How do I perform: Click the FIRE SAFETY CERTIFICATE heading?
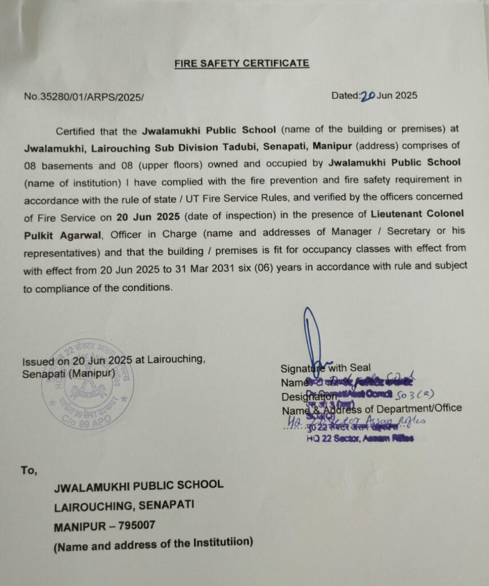click(x=242, y=63)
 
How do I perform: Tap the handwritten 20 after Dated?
click(x=367, y=96)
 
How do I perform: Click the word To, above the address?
click(x=29, y=470)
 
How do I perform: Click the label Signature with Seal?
click(x=325, y=368)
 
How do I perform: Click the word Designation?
click(x=308, y=396)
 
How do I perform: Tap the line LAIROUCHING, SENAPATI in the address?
click(x=124, y=505)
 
